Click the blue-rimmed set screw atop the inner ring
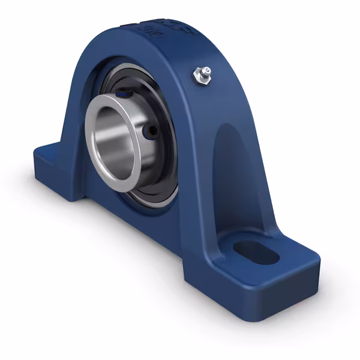click(x=122, y=93)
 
